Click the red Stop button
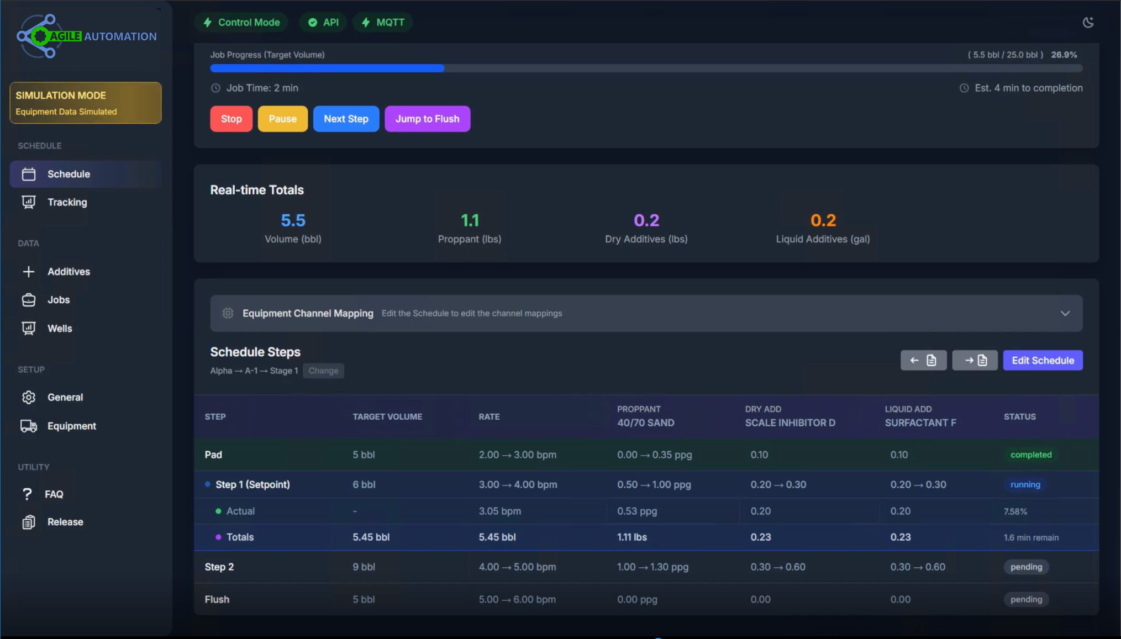231,119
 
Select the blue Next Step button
346,119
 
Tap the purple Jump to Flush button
427,119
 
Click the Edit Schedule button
1043,361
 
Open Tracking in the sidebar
67,202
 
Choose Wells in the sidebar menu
60,329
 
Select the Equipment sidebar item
71,426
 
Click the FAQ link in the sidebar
54,494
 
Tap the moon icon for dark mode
1088,23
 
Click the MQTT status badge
383,23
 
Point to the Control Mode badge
241,23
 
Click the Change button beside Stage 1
323,371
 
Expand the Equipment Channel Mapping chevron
1065,313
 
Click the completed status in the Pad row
1030,455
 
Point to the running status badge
1025,484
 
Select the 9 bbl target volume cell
364,567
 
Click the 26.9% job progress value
1064,55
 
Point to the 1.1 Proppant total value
470,220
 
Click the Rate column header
489,416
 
